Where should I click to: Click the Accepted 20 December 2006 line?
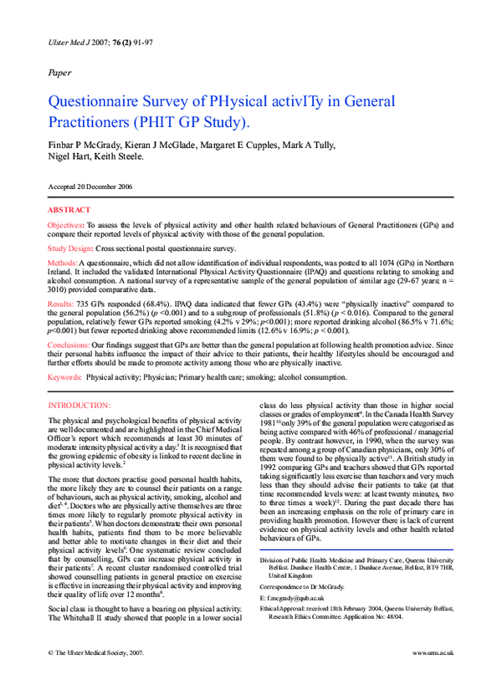pos(90,186)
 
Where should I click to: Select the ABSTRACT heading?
pos(69,210)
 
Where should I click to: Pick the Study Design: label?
pos(70,248)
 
